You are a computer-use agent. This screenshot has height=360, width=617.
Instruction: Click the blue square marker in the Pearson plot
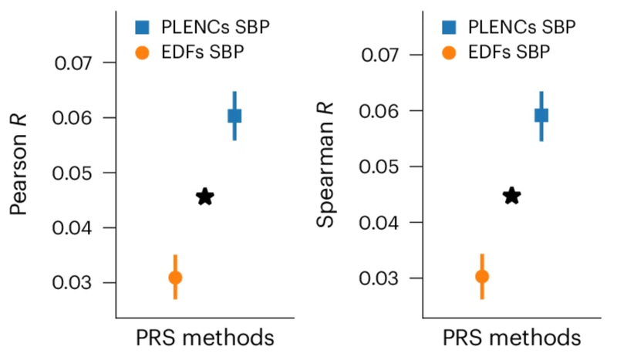[x=234, y=116]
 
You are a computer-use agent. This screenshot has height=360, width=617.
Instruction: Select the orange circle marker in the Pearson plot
[x=175, y=278]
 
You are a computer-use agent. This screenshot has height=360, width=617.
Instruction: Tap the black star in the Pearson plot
[x=204, y=197]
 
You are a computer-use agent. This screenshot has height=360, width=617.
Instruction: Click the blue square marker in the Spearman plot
[x=541, y=115]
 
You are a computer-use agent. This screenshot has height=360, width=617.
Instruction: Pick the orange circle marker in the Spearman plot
[x=482, y=276]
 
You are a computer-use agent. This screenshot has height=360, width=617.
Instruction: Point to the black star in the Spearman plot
[x=511, y=196]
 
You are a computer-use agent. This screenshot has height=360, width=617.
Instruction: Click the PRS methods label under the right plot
[x=511, y=338]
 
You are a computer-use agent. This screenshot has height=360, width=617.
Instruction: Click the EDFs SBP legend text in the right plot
[x=510, y=54]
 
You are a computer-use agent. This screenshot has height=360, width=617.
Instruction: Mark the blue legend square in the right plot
[x=450, y=28]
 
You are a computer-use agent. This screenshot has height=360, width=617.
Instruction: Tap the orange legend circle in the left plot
[x=143, y=54]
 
